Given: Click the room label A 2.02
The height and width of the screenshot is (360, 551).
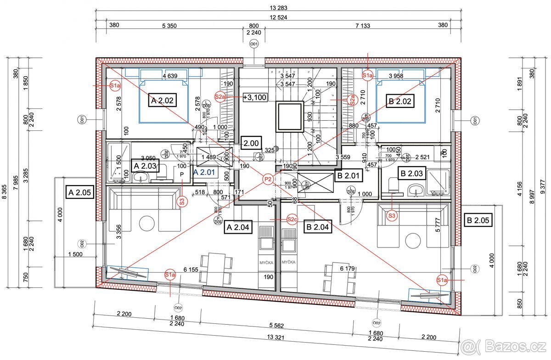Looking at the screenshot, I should pyautogui.click(x=162, y=100).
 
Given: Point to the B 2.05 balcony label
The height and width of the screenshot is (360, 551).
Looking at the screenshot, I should pyautogui.click(x=478, y=220).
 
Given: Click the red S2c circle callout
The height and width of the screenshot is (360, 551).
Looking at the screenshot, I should pyautogui.click(x=292, y=219).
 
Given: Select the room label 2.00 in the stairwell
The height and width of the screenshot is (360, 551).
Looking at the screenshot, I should pyautogui.click(x=251, y=143).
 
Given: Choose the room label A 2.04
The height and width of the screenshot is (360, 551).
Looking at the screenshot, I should pyautogui.click(x=238, y=226).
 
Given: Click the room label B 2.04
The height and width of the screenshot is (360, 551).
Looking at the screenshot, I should pyautogui.click(x=318, y=226).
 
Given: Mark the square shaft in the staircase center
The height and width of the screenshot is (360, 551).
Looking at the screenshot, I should pyautogui.click(x=289, y=116).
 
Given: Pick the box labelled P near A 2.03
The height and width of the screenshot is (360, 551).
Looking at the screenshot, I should pyautogui.click(x=181, y=175).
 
